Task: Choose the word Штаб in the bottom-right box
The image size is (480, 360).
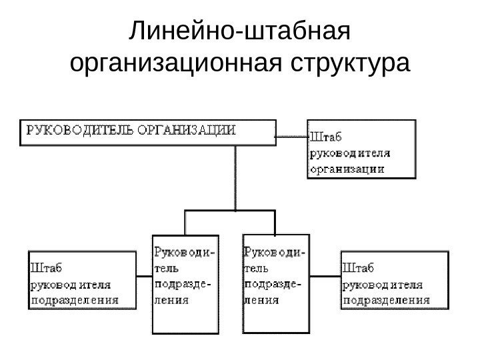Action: (x=358, y=268)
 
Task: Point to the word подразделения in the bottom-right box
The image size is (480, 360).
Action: (x=386, y=300)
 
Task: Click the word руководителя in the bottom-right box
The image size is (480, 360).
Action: (x=383, y=284)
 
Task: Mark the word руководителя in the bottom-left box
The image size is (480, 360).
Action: (x=71, y=284)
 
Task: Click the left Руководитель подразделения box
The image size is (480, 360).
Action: (x=185, y=283)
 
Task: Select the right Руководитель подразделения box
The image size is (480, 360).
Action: (x=275, y=283)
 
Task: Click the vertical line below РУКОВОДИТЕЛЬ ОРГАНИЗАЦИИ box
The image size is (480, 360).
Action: (x=235, y=177)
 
